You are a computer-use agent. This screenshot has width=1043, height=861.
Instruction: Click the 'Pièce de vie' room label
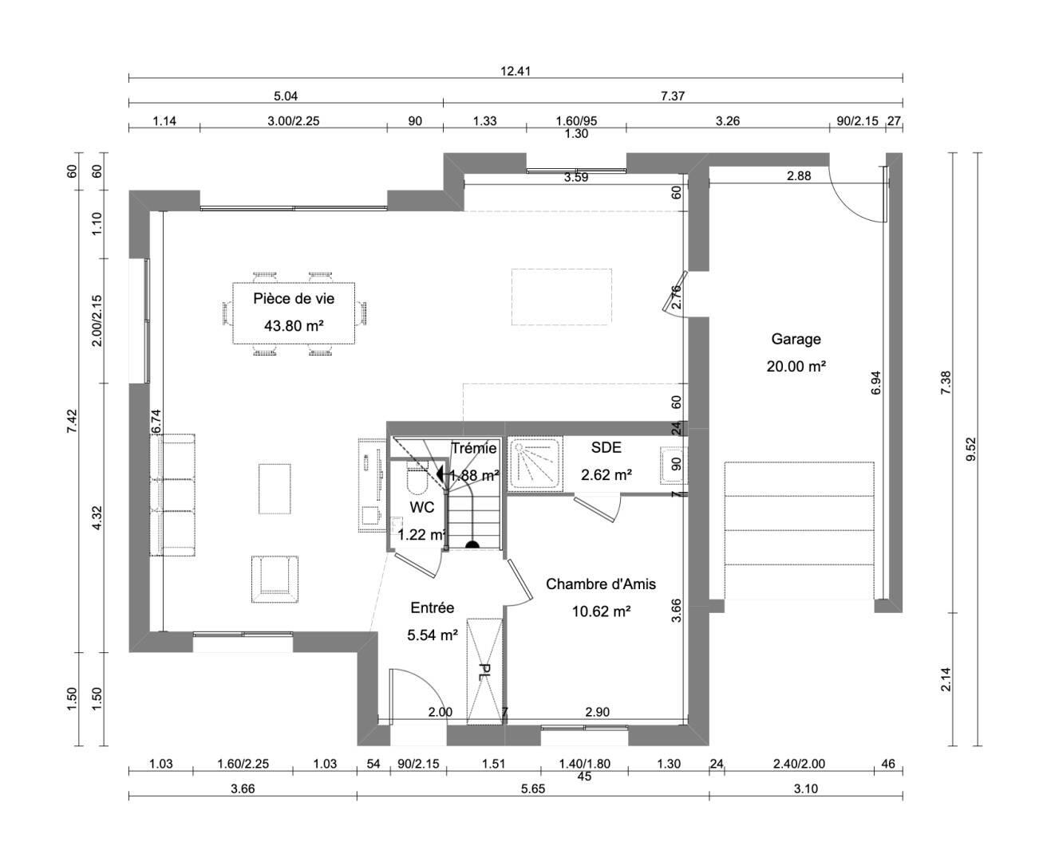[x=294, y=298]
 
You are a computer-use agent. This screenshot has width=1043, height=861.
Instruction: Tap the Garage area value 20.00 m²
[x=796, y=367]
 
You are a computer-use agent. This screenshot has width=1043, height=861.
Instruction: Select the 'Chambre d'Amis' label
[x=600, y=584]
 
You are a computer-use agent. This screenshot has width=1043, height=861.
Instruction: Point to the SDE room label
[x=606, y=447]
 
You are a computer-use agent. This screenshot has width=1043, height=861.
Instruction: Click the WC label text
[x=421, y=507]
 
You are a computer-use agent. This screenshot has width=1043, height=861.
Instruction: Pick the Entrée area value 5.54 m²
[x=433, y=635]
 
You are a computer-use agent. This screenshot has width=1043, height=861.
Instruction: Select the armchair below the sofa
[x=275, y=579]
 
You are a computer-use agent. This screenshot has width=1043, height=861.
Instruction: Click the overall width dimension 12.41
[x=516, y=72]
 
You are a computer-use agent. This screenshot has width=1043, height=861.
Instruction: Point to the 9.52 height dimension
[x=971, y=449]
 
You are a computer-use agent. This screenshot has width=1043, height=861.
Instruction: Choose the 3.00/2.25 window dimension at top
[x=293, y=121]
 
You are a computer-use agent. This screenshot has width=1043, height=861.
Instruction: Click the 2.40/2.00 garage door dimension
[x=800, y=764]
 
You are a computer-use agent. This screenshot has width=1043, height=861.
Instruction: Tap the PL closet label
[x=483, y=672]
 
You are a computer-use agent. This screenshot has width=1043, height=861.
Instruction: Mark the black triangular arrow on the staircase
[x=441, y=473]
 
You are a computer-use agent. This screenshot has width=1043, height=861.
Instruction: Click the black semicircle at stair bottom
[x=472, y=545]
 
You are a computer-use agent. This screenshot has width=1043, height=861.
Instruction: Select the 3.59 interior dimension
[x=576, y=177]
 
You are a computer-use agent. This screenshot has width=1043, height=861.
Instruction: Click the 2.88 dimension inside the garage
[x=799, y=175]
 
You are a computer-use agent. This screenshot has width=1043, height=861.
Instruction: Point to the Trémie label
[x=473, y=448]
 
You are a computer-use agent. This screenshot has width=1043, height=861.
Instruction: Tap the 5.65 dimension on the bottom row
[x=533, y=788]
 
